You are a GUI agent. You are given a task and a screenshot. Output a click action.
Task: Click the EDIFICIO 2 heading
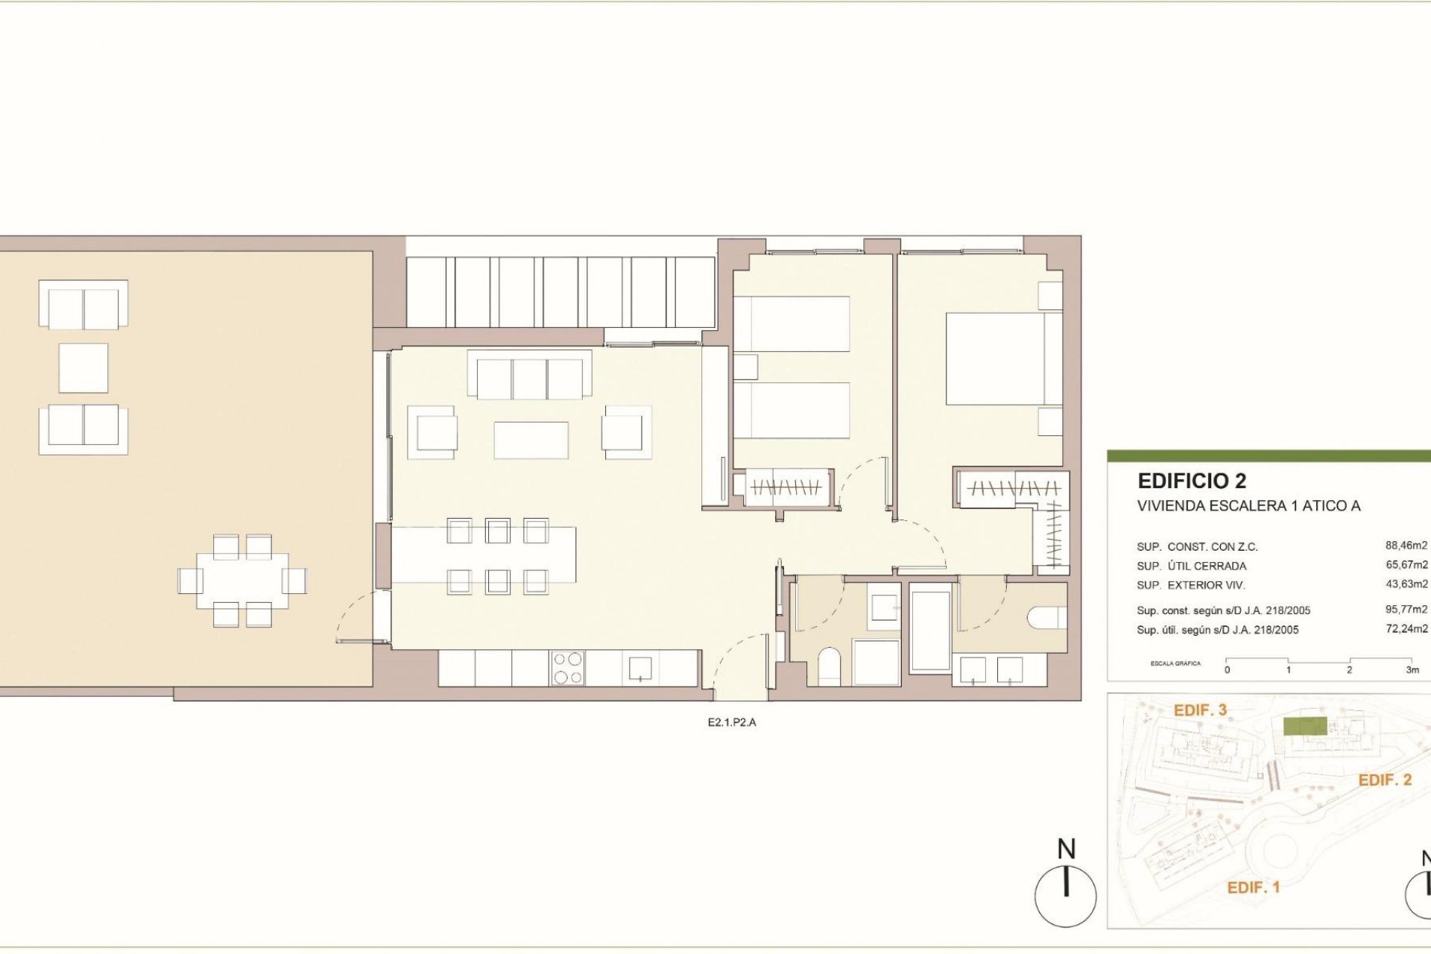pos(1192,481)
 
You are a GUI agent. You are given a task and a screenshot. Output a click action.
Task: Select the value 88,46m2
pos(1406,546)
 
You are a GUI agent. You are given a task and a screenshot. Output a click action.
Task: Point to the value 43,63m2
pos(1406,584)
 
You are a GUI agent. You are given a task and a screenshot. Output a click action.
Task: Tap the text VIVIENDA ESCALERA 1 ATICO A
pos(1248,506)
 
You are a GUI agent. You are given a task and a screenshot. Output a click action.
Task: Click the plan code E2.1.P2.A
pos(731,722)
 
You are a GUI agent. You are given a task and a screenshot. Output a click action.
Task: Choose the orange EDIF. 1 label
pos(1253,888)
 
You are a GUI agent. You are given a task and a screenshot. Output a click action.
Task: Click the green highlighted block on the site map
pos(1304,727)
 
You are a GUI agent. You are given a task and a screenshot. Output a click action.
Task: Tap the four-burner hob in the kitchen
pos(567,668)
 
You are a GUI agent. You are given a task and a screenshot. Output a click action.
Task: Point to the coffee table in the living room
pos(531,440)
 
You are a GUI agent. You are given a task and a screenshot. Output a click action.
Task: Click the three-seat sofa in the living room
pos(529,379)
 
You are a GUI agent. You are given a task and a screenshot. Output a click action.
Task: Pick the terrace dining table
pos(242,581)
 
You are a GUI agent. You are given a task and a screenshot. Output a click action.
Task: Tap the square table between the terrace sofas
pos(83,368)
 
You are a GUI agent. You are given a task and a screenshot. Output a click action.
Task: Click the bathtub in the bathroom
pos(930,631)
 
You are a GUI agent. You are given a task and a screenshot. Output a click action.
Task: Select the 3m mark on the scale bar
pos(1412,669)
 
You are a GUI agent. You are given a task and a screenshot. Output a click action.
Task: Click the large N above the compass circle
pos(1067,849)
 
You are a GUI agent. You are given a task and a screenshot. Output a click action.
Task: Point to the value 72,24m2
pos(1406,629)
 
